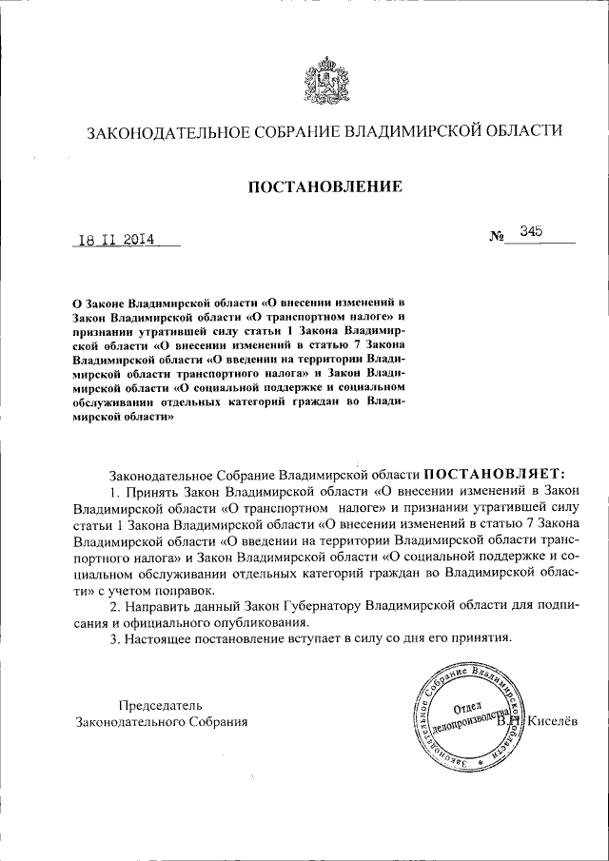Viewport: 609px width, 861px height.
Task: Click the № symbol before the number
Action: (x=495, y=235)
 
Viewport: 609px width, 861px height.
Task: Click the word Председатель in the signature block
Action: (x=161, y=705)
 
